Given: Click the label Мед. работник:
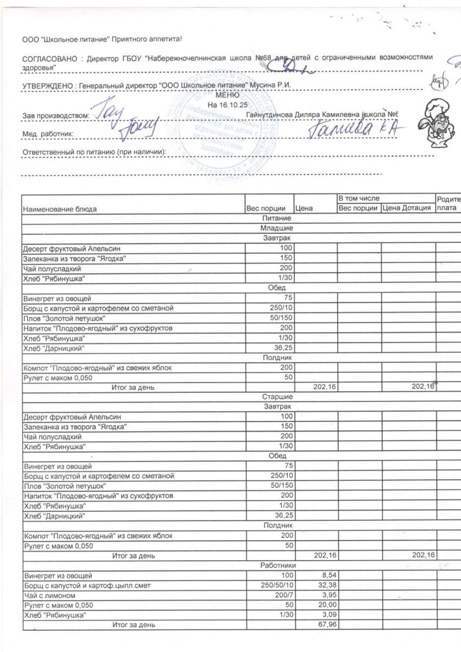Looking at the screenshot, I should point(48,133).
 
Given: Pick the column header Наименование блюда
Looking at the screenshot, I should point(60,209).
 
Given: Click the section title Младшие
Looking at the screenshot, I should point(277,228).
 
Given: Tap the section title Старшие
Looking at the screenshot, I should point(277,397).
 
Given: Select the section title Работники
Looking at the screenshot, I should point(277,566).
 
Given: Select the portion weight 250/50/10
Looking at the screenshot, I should point(277,585).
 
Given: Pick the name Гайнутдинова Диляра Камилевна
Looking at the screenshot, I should point(299,115).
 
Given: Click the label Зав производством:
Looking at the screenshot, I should point(55,115).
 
